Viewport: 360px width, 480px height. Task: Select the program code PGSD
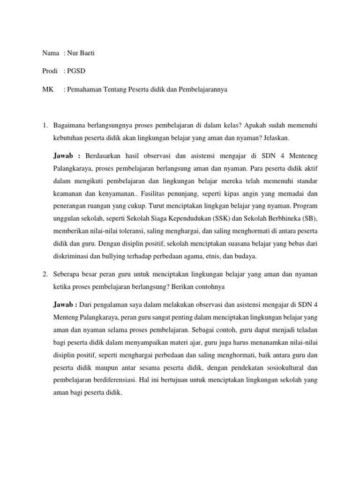click(x=77, y=71)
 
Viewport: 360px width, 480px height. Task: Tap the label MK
click(x=47, y=89)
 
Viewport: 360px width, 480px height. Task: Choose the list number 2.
click(x=45, y=273)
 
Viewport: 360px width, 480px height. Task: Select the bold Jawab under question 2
click(x=66, y=305)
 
